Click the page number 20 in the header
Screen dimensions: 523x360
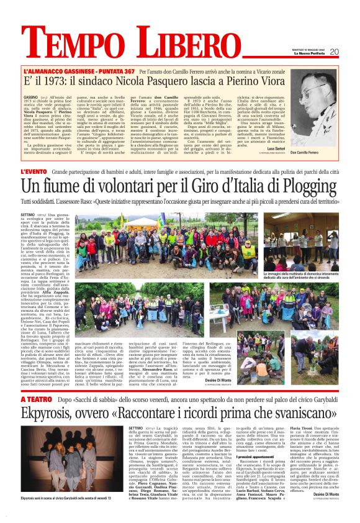coord(350,51)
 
